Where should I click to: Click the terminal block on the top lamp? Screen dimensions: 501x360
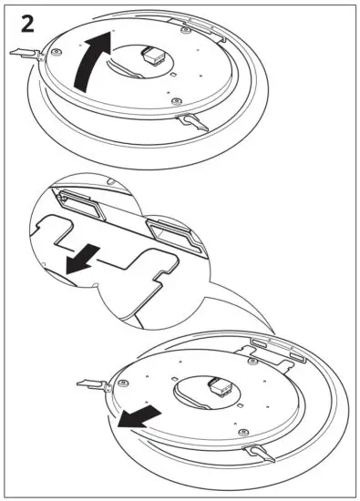click(155, 56)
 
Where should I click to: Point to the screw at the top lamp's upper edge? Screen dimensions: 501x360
click(185, 30)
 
